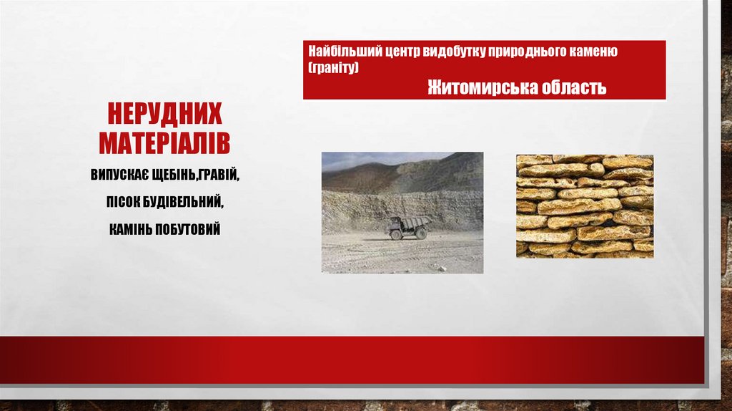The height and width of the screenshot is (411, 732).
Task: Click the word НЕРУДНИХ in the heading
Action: pos(164,114)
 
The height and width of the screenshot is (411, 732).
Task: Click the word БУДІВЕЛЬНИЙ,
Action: pos(184,203)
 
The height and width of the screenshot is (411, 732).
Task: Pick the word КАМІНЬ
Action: pos(133,230)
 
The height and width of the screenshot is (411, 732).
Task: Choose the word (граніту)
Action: pos(333,67)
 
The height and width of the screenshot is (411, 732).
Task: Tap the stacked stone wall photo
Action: pos(584,206)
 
